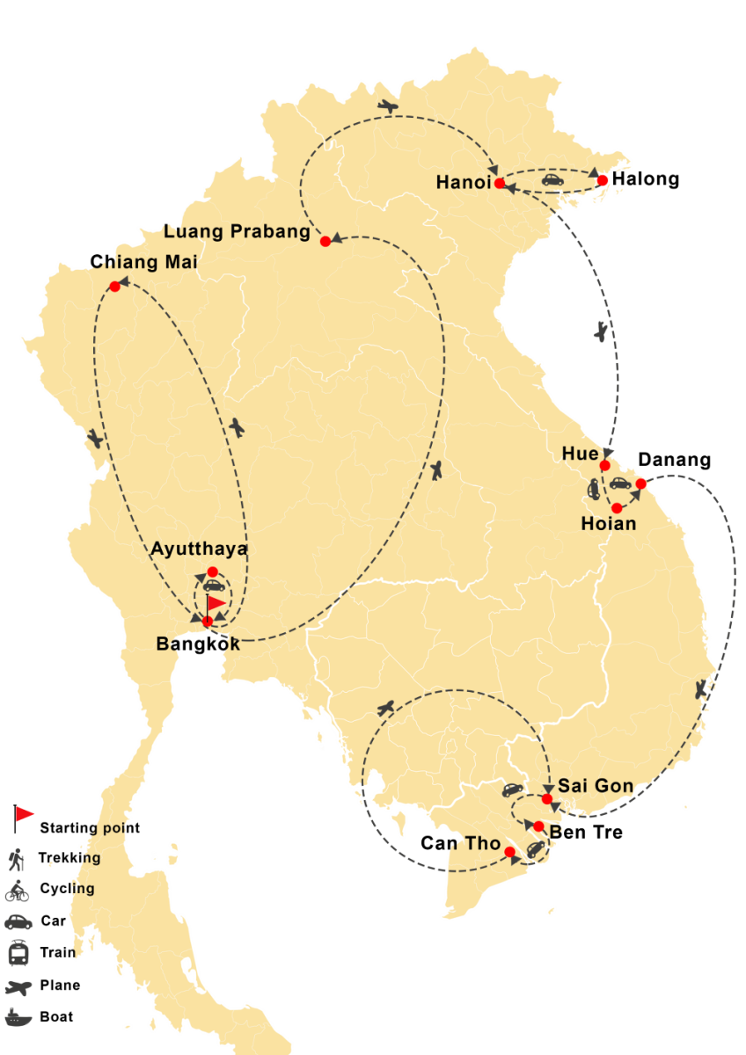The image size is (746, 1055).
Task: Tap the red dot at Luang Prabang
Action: (x=325, y=241)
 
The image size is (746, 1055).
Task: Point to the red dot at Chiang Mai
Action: (x=114, y=287)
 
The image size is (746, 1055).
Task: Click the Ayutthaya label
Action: (x=199, y=549)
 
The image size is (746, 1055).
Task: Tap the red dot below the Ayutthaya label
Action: (x=212, y=571)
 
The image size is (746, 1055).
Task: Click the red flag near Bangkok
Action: (x=215, y=604)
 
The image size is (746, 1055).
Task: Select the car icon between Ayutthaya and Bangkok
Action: (x=213, y=586)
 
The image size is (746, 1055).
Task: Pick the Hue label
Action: (x=580, y=454)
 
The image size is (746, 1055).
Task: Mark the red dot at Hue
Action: (x=605, y=465)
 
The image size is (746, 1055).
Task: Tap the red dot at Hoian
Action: (x=617, y=508)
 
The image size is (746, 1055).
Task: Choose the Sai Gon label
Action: (x=596, y=786)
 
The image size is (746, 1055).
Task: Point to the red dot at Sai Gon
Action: (x=547, y=799)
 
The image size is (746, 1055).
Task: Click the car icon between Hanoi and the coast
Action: (x=552, y=180)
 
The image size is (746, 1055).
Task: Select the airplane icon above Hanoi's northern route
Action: (x=388, y=106)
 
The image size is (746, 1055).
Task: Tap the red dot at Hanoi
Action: (x=500, y=184)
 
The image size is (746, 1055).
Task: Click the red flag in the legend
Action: (x=24, y=814)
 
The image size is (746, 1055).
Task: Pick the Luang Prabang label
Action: (x=238, y=232)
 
